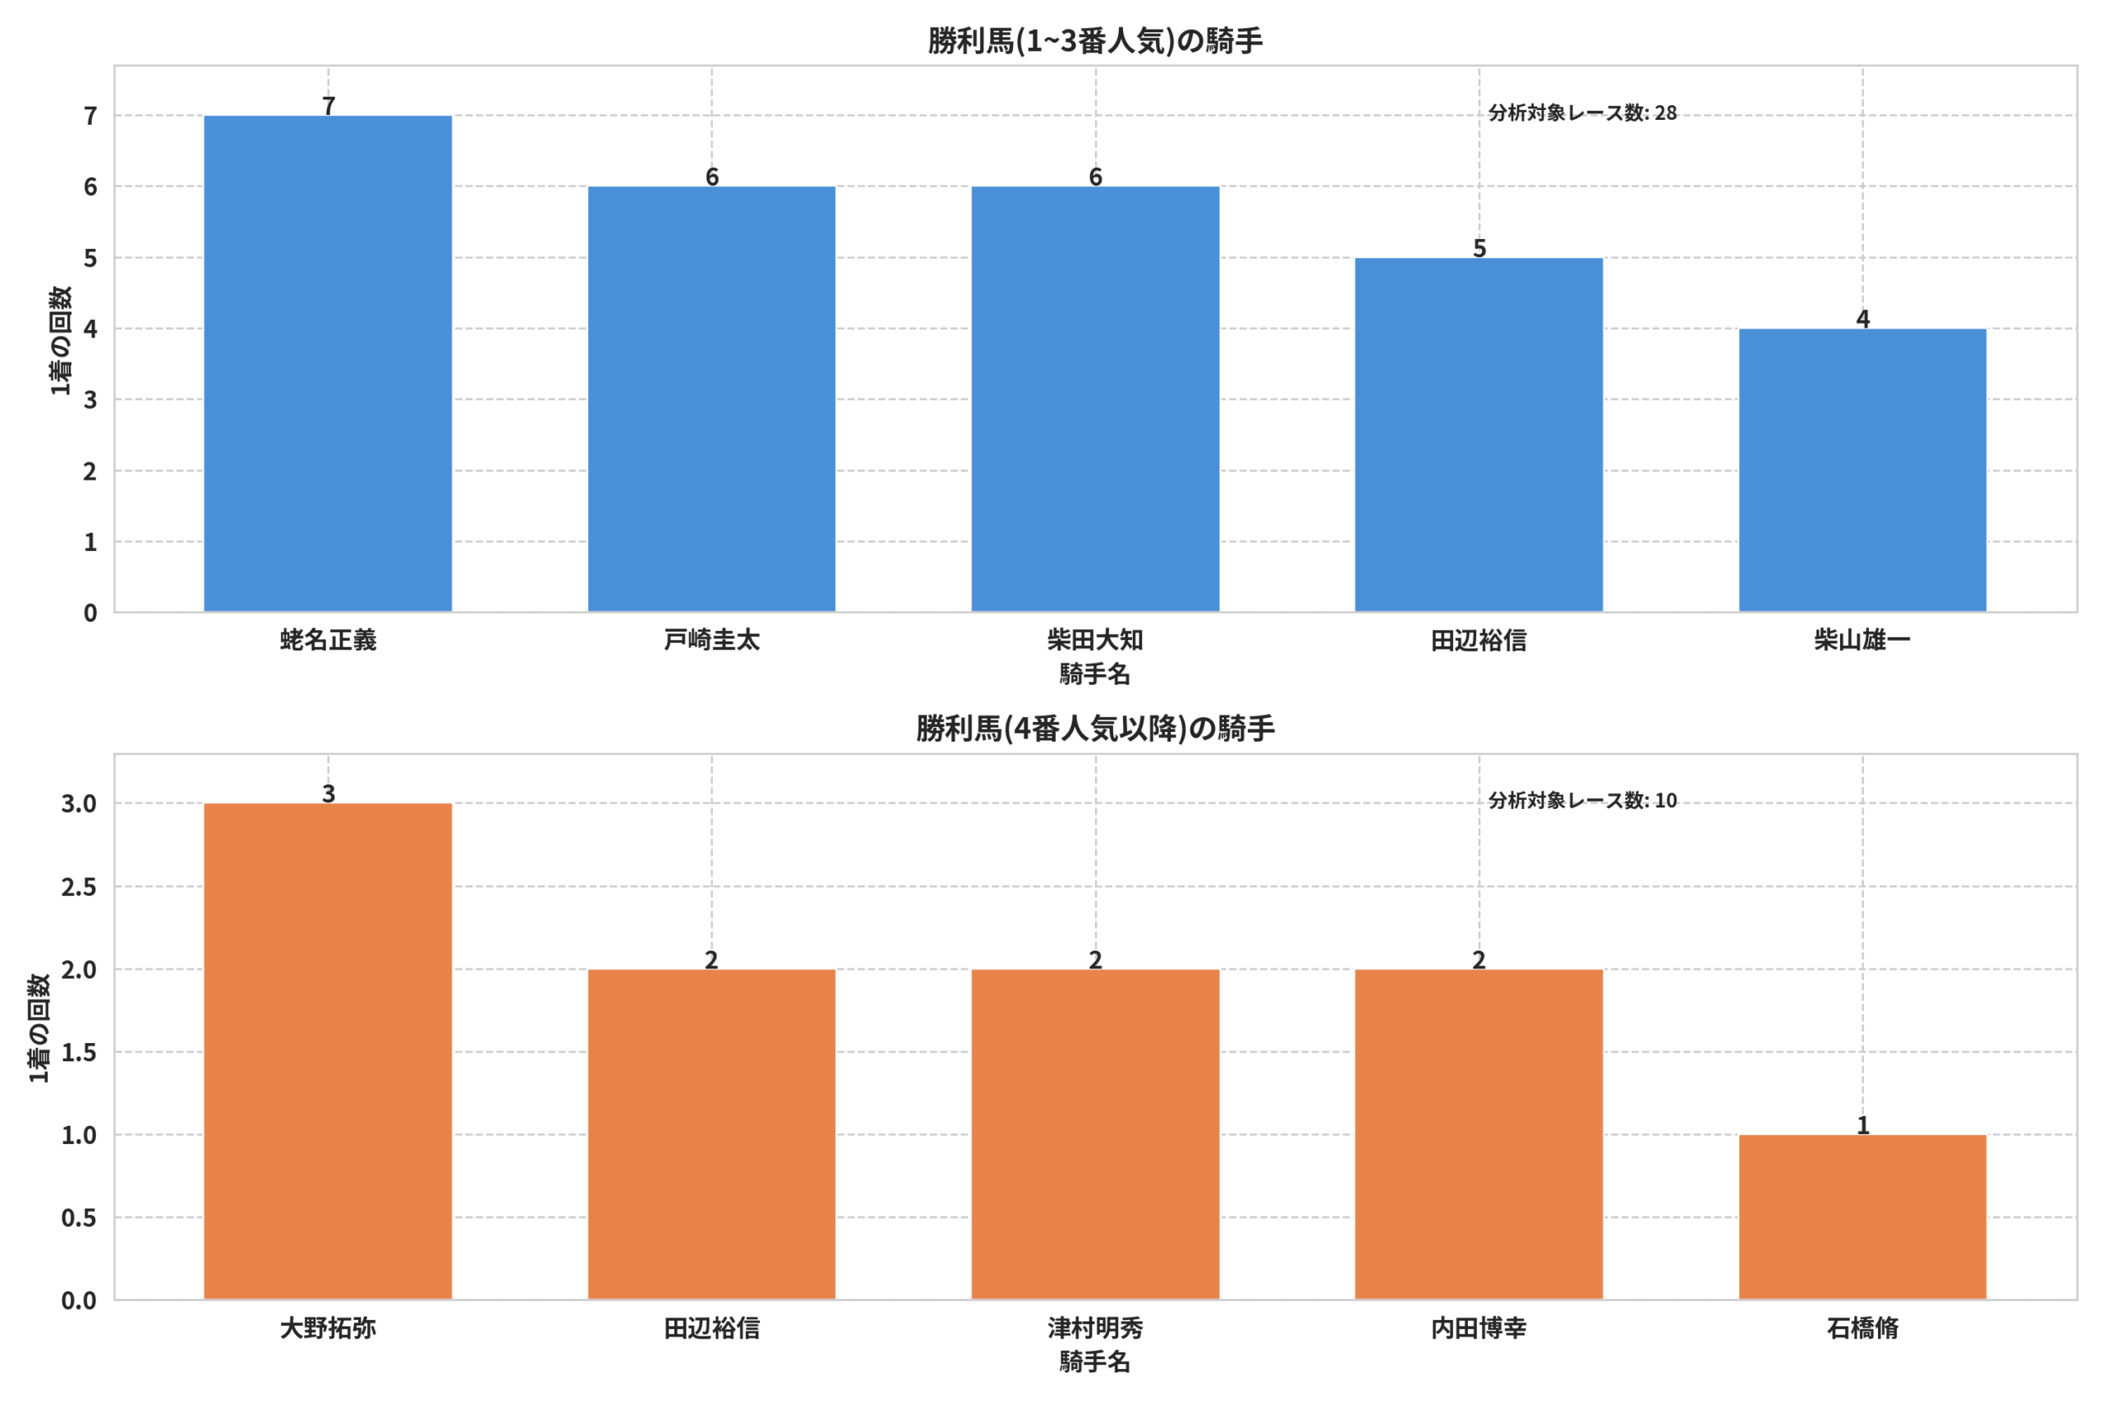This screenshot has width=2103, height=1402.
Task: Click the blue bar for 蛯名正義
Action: (328, 364)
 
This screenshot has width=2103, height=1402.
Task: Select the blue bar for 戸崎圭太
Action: (711, 400)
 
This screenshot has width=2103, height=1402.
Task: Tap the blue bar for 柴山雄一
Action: (1862, 471)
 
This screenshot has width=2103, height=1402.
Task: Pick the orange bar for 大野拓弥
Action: (328, 1051)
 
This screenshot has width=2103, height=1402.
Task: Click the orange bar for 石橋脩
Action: (1862, 1217)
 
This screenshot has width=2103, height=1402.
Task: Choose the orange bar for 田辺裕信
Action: (711, 1134)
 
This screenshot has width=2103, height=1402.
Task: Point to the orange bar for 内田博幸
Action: (1479, 1134)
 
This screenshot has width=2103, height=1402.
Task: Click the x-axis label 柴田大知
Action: (1095, 640)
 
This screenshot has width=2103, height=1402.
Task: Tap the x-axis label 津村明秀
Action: (1095, 1328)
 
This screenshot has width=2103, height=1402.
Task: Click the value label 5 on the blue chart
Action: (1479, 249)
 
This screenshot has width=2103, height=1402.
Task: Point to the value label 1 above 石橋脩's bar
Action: (1863, 1126)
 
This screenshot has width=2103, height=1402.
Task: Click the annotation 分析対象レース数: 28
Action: (1583, 113)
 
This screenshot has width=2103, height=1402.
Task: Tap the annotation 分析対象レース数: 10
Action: (1583, 800)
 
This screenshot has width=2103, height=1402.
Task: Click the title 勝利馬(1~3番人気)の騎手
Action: (1095, 41)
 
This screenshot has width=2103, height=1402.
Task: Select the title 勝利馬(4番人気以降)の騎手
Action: (1095, 729)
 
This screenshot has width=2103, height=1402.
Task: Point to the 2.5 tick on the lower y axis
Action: (79, 887)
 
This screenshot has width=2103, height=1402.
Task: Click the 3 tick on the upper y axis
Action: (90, 400)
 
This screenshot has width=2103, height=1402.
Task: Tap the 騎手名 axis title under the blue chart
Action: (1095, 674)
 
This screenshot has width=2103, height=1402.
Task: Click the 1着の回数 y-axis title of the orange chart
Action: (38, 1028)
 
